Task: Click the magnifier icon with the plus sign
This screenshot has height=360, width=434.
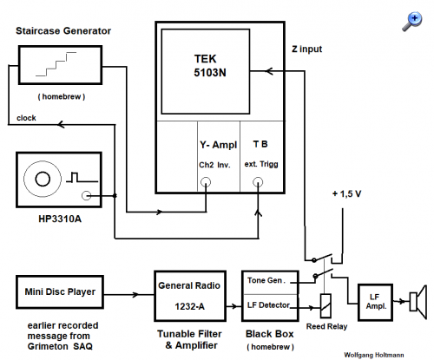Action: coord(412,21)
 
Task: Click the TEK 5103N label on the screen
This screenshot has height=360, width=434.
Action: coord(210,66)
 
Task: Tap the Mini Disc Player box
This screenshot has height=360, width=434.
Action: coord(60,292)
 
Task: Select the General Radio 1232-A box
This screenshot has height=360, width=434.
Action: coord(190,296)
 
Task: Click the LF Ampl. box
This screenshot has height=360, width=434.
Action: coord(375,302)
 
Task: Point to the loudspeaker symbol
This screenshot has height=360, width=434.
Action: coord(418,302)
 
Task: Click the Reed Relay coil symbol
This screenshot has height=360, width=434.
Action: coord(325,305)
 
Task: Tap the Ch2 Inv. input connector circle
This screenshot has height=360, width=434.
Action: coord(206,182)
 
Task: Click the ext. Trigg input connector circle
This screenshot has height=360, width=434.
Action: coord(258,182)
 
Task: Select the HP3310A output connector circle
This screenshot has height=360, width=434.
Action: coord(86,195)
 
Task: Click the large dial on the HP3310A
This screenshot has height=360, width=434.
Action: coord(43,179)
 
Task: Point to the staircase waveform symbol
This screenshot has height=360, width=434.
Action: coord(56,64)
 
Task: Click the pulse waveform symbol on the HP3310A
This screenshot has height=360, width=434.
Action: coord(82,177)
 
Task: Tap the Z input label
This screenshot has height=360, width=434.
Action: coord(306,49)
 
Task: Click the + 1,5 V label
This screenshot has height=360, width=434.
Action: coord(346,193)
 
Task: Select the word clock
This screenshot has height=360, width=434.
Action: coord(26,118)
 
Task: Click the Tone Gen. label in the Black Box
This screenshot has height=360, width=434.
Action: coord(266,280)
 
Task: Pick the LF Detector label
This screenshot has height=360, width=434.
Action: coord(268,305)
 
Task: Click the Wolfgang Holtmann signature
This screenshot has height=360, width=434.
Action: coord(374,355)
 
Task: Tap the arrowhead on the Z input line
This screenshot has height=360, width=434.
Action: coord(269,71)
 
